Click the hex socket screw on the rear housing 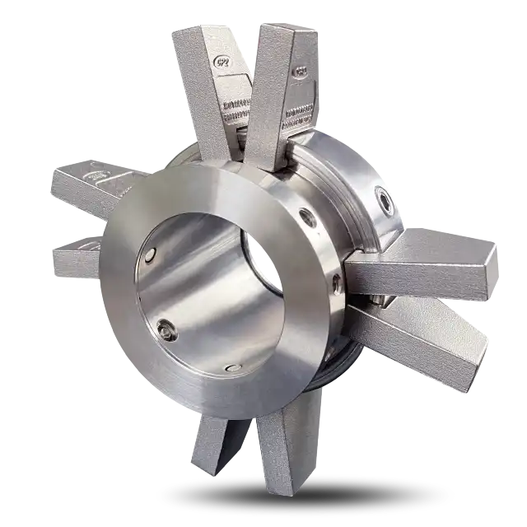(384, 197)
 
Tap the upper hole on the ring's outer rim (307, 217)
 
